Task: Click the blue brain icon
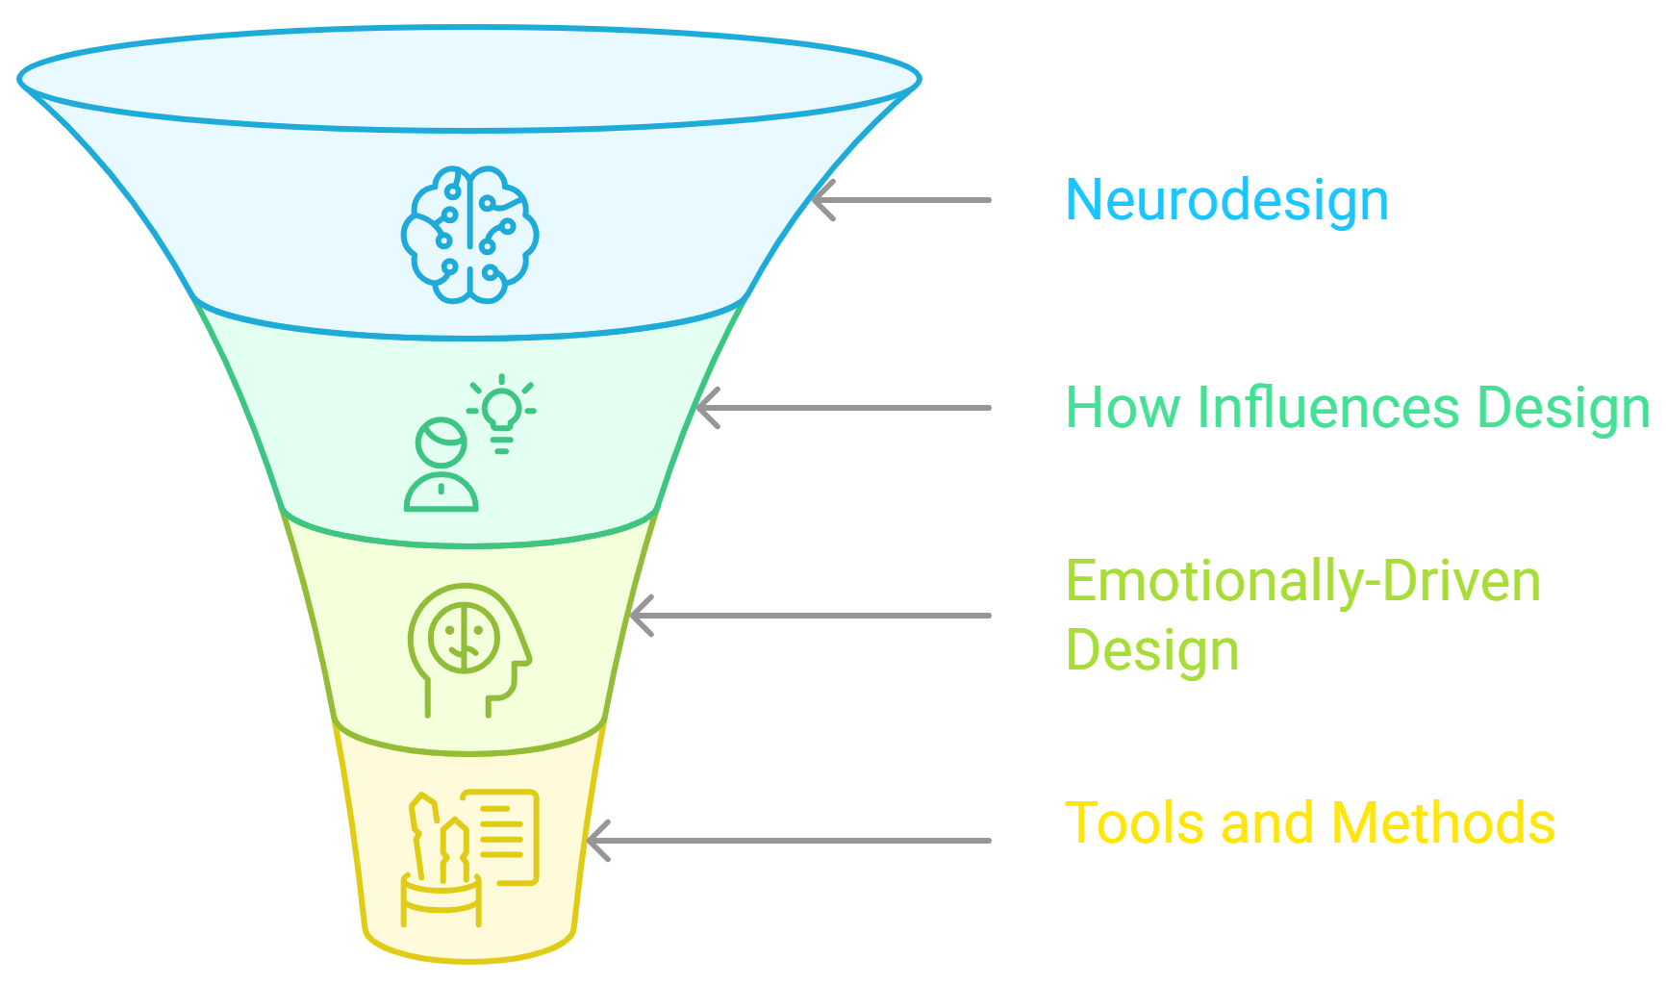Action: (469, 235)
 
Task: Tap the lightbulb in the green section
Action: (501, 414)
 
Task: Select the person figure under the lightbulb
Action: (442, 467)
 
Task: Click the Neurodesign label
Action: (1226, 200)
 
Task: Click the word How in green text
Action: (1123, 408)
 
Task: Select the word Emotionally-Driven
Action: (1303, 582)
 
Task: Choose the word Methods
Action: (1443, 823)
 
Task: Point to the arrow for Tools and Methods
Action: (789, 841)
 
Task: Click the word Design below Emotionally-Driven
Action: (1152, 650)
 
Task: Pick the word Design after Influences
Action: (1563, 408)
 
